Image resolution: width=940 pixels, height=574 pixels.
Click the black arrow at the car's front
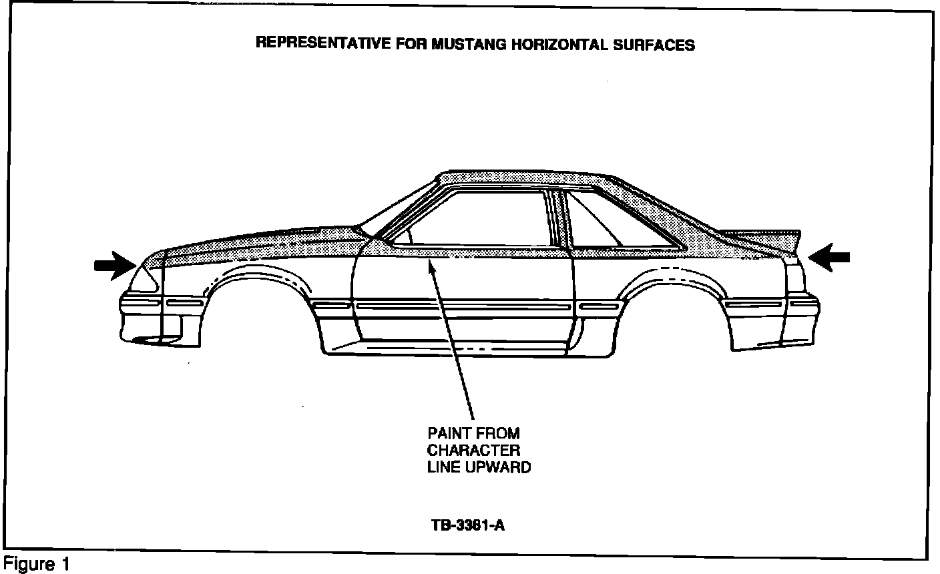coord(115,264)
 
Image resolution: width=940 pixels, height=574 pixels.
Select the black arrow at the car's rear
coord(829,256)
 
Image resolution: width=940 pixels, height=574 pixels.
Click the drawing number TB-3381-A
coord(467,525)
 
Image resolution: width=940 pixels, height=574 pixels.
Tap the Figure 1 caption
coord(36,565)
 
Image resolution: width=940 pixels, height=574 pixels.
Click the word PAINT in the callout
coord(449,433)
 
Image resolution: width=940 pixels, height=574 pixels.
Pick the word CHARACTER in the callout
coord(473,450)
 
